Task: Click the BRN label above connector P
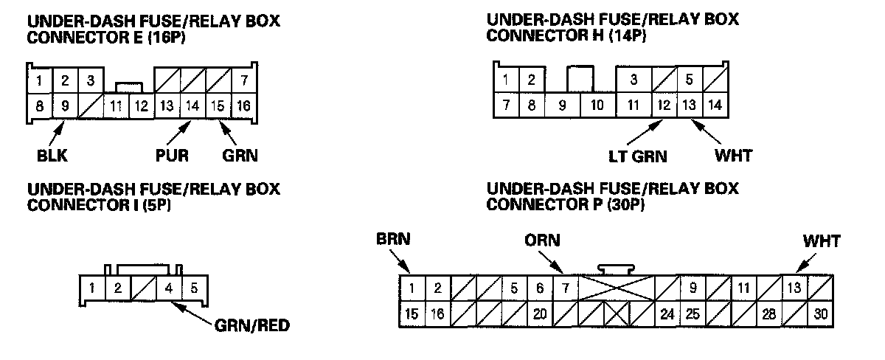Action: click(x=392, y=240)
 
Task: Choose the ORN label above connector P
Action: click(x=542, y=240)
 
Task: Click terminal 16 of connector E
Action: click(x=243, y=106)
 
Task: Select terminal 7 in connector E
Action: click(x=243, y=79)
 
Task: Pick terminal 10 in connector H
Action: click(x=598, y=105)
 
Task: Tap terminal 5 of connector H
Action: click(x=689, y=78)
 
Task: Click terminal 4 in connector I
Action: click(x=169, y=287)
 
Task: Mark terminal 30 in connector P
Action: click(x=821, y=314)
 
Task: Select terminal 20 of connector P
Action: click(x=539, y=314)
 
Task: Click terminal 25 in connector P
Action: click(x=693, y=314)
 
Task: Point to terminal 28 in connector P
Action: click(x=769, y=314)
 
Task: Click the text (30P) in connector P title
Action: click(x=625, y=204)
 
